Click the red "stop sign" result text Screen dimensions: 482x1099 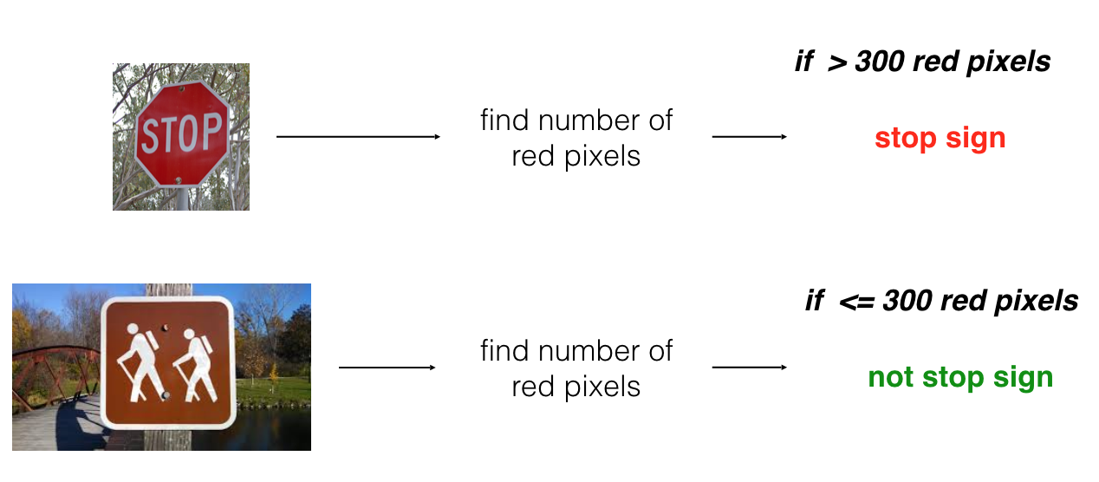940,138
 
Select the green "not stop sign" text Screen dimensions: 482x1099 960,377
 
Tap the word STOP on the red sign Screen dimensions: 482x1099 181,134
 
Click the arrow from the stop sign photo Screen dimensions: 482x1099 358,137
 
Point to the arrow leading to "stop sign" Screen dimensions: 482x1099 749,137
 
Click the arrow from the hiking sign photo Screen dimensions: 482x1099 387,368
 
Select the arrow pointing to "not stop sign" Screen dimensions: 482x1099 749,368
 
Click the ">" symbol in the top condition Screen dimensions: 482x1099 836,62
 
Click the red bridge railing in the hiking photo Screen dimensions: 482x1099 52,364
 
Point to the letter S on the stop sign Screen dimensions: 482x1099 149,136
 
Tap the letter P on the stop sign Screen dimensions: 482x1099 211,133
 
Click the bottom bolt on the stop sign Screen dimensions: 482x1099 179,180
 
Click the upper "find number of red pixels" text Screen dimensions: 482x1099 576,137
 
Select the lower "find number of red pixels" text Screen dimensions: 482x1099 576,368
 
